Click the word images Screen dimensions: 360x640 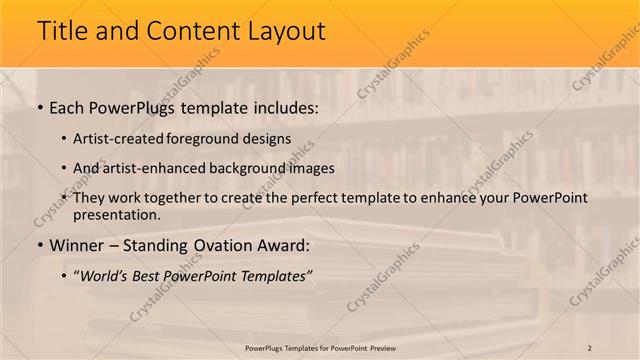(312, 168)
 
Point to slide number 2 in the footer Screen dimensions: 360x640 (590, 347)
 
